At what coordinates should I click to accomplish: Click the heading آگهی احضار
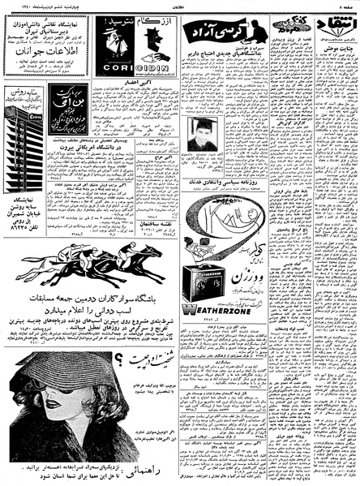point(126,84)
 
